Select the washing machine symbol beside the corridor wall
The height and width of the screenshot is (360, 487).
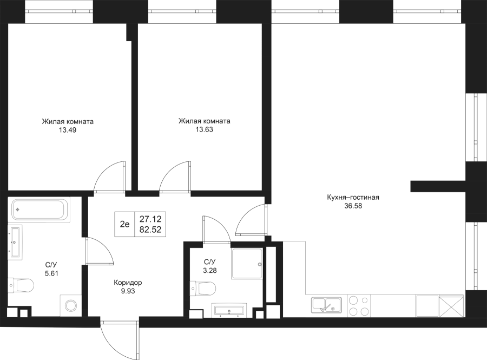tap(70, 305)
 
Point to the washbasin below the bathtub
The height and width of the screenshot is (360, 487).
tap(15, 241)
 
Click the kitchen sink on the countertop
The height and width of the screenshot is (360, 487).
tap(327, 305)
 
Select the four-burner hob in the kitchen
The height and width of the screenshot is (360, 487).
tap(359, 305)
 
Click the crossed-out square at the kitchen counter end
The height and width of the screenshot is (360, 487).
tap(452, 306)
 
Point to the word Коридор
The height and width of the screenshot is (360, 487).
tap(128, 283)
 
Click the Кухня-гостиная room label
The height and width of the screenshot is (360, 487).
tap(353, 198)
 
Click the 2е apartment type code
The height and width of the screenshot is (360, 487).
tap(125, 224)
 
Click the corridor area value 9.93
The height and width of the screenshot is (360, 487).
tap(128, 291)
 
